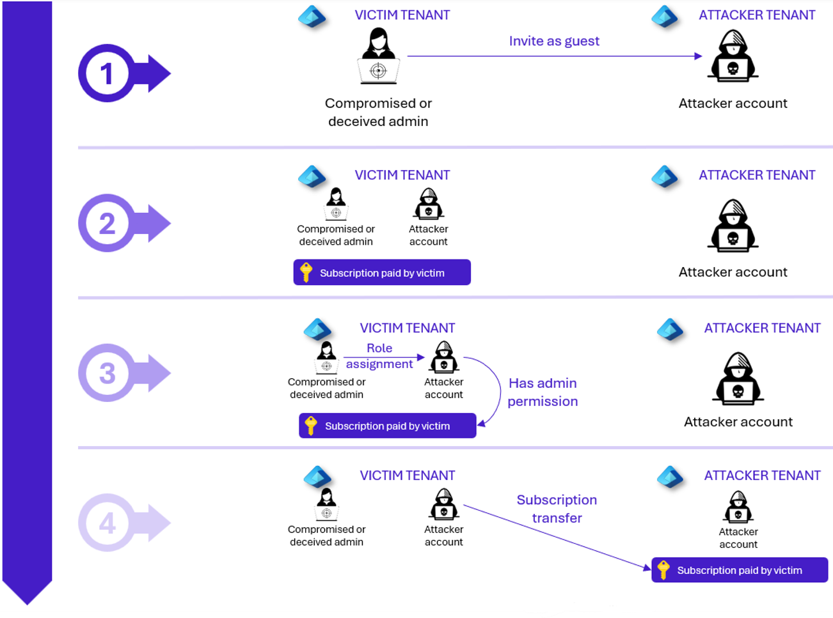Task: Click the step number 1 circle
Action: pos(107,73)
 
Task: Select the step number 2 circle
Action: pos(107,223)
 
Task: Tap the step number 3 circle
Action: pos(107,373)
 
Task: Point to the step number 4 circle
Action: pos(107,523)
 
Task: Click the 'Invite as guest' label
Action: pos(554,41)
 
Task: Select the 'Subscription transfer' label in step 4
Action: pos(557,509)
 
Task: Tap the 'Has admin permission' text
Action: pos(543,392)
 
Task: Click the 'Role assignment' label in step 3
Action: pos(379,356)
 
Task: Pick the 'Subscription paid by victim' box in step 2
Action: pos(382,272)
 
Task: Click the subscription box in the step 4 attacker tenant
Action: pos(740,570)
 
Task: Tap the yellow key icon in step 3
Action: pos(311,426)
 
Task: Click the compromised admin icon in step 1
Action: pos(378,56)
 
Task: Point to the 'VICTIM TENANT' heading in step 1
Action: pos(402,15)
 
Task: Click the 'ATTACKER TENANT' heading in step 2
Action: pos(757,175)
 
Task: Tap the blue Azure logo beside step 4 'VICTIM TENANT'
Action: pos(317,477)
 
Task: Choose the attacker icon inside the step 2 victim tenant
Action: pos(429,204)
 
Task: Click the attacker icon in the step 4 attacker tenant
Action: pos(738,507)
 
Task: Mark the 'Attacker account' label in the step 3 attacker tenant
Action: pos(738,422)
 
